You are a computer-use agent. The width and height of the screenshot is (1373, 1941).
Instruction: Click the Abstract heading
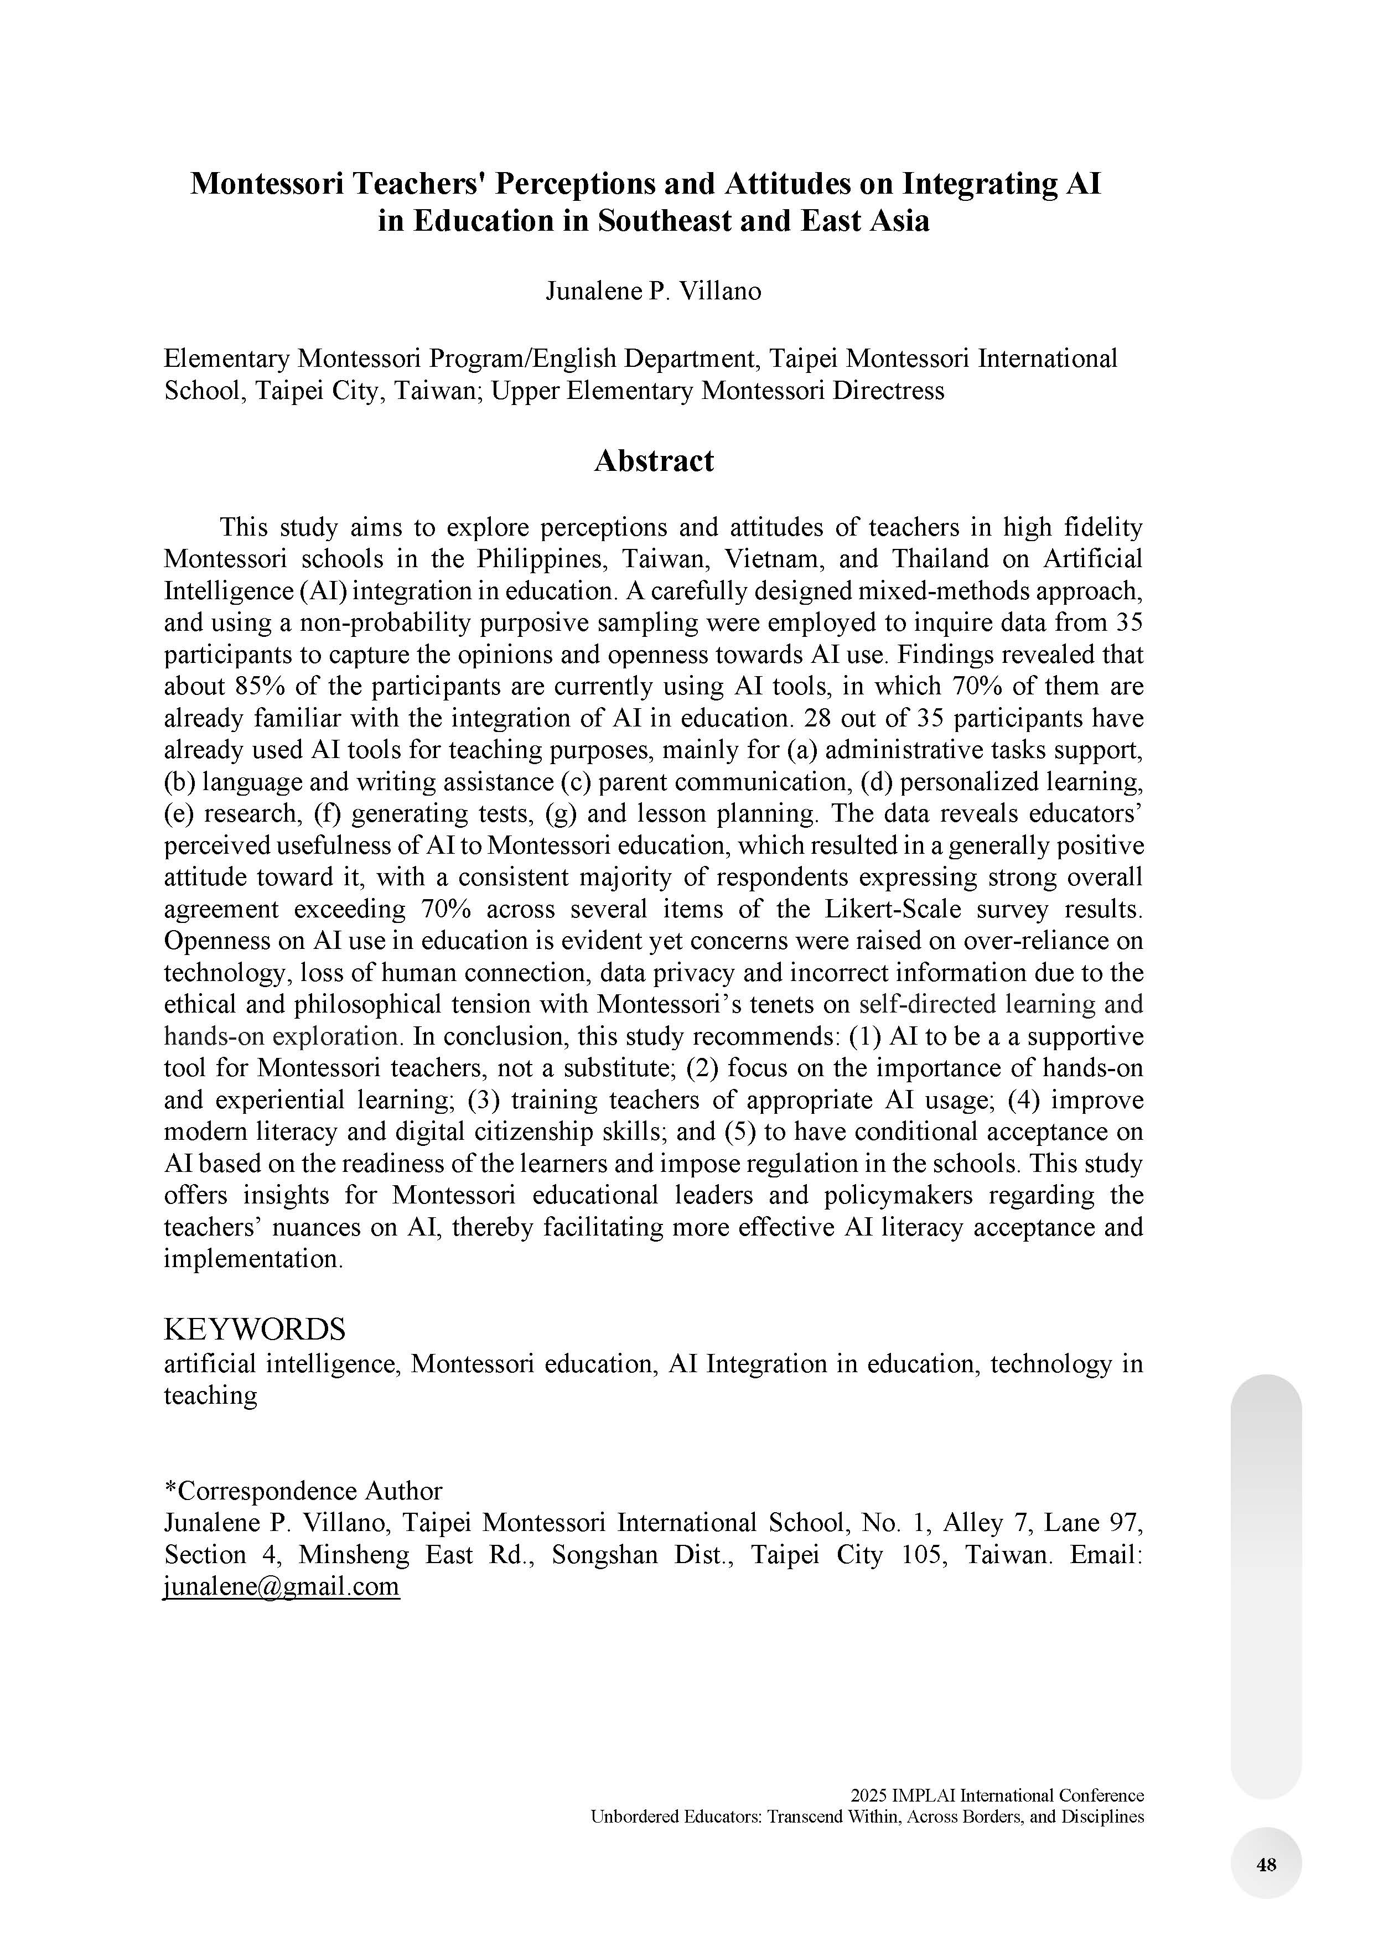click(654, 461)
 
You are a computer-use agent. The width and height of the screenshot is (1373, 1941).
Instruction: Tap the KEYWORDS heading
click(255, 1329)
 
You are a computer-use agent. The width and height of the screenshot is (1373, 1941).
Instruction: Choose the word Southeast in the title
click(667, 221)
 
